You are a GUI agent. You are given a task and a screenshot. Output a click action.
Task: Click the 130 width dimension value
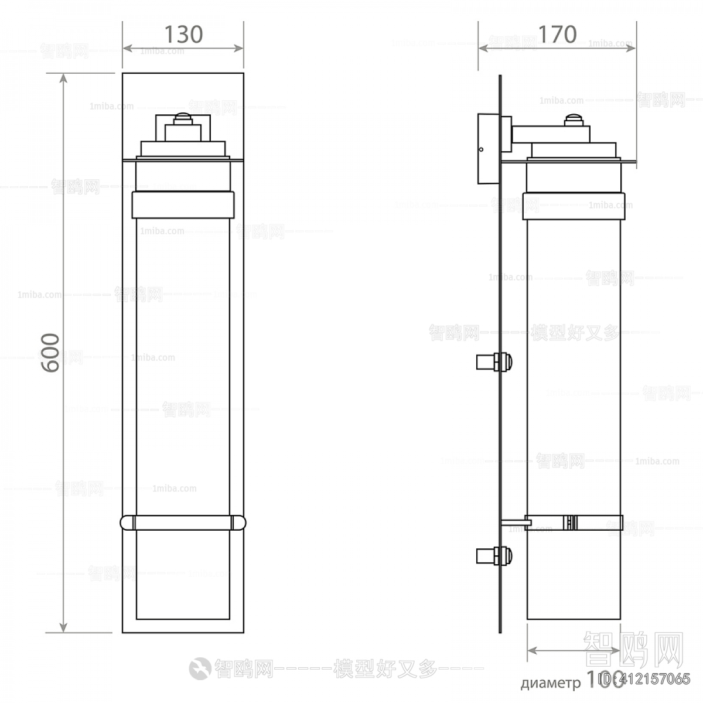pyautogui.click(x=183, y=35)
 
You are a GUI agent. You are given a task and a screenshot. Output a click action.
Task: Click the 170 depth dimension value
pyautogui.click(x=557, y=35)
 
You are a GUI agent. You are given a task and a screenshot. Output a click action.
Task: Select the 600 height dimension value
pyautogui.click(x=50, y=353)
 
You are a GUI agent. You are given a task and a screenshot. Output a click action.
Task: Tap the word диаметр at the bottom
pyautogui.click(x=550, y=683)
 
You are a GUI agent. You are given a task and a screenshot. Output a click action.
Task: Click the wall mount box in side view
pyautogui.click(x=488, y=149)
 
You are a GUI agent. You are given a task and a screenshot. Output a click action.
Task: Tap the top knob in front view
pyautogui.click(x=183, y=118)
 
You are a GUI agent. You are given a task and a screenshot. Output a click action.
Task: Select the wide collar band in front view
pyautogui.click(x=183, y=204)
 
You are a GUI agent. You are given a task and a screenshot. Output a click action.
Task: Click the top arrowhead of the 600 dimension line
pyautogui.click(x=63, y=79)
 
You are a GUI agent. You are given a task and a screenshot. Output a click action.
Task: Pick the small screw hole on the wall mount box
pyautogui.click(x=481, y=149)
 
